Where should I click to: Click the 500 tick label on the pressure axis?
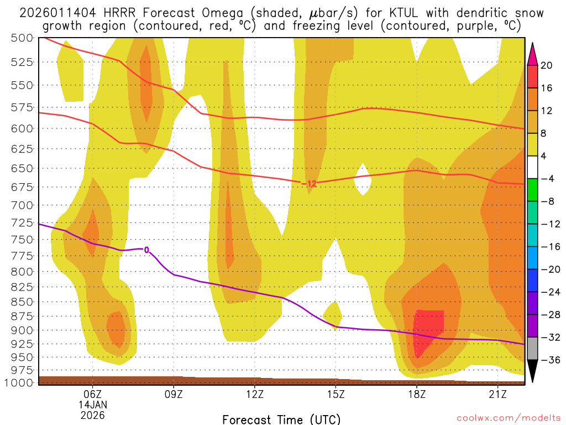[x=23, y=38]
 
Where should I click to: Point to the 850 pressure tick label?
[x=23, y=302]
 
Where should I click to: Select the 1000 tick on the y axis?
[x=20, y=382]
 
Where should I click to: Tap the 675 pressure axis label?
[x=23, y=187]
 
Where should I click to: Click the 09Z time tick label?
[x=174, y=394]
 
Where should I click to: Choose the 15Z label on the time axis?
[x=336, y=394]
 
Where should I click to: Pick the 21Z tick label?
[x=497, y=394]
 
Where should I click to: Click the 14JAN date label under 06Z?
[x=92, y=404]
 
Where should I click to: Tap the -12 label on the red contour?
[x=309, y=183]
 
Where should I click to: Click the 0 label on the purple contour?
[x=146, y=250]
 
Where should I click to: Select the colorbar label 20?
[x=547, y=65]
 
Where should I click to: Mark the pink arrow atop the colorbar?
[x=533, y=54]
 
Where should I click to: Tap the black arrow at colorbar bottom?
[x=533, y=370]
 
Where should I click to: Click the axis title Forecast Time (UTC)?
[x=281, y=419]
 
